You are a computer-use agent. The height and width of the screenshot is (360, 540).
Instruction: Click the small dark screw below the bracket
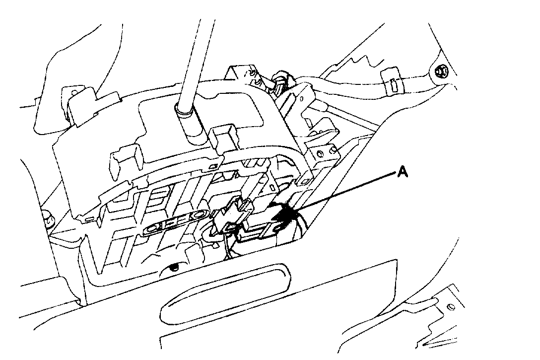173,268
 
